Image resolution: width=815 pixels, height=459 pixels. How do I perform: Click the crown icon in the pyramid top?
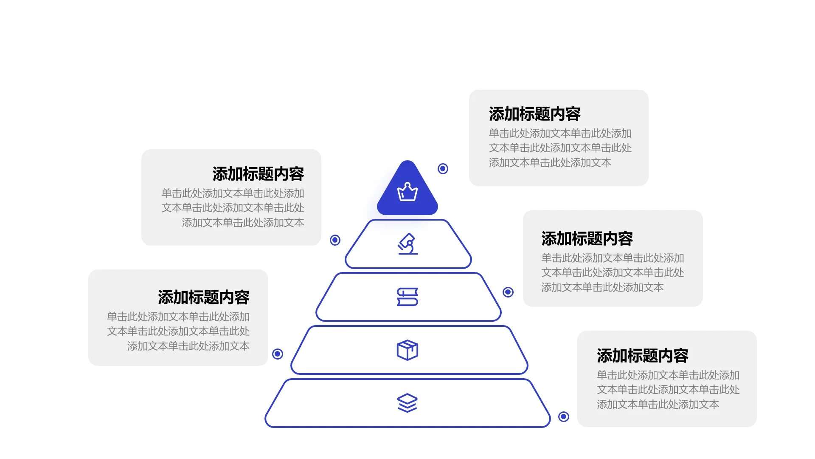point(407,192)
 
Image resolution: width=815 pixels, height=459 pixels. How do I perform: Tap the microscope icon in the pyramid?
point(407,244)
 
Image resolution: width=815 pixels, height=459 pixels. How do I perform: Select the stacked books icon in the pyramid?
point(407,297)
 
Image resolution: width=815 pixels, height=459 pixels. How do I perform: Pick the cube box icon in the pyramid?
point(407,350)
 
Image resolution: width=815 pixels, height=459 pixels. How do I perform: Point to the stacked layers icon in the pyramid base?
point(407,403)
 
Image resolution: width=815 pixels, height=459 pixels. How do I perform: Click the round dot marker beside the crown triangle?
point(443,169)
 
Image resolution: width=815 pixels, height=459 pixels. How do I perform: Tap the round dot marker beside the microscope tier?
point(335,240)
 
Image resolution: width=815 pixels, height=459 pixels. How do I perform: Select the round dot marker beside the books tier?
point(508,292)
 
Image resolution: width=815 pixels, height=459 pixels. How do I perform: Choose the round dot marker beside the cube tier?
point(278,354)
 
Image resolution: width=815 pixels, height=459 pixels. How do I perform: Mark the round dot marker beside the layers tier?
point(564,416)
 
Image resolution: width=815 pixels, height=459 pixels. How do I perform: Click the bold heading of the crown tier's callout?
point(534,114)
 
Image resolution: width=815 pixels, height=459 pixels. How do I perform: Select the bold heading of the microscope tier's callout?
point(258,174)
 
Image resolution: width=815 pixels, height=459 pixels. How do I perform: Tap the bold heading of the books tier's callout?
point(587,239)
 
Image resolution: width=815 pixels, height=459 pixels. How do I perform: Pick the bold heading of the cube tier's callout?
point(204,297)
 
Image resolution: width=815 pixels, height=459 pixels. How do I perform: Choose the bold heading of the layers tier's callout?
point(642,356)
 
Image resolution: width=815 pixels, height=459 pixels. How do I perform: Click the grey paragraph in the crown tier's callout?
point(560,148)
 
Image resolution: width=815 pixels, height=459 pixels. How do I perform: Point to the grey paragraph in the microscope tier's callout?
point(233,208)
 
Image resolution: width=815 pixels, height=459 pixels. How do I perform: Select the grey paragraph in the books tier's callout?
point(613,272)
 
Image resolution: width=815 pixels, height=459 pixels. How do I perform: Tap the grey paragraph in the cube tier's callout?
point(178,331)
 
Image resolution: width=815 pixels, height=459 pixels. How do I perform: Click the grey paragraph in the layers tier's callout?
point(668,390)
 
